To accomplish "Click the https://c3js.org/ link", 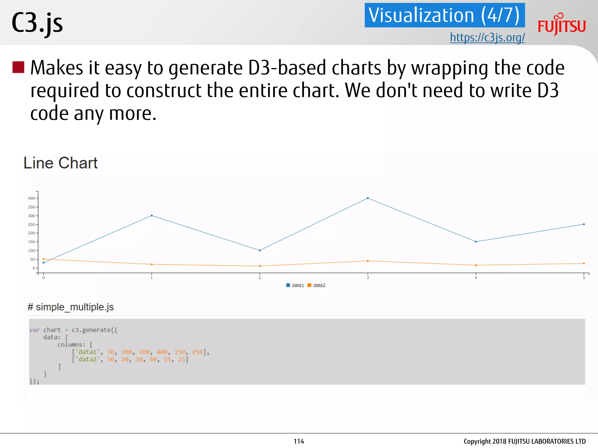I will point(487,38).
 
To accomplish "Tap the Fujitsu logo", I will point(562,24).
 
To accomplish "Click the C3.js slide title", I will point(37,23).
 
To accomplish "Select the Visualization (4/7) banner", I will point(444,15).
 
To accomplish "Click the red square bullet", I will point(18,67).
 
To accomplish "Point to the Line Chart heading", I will point(60,163).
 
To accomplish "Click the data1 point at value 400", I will point(368,198).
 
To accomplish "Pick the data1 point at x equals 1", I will point(152,216).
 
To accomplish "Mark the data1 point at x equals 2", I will point(260,250).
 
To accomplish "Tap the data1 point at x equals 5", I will point(584,224).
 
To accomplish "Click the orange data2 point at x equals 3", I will point(368,261).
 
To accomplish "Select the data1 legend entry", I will point(295,285).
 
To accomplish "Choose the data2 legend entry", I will point(317,285).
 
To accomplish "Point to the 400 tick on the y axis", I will point(31,198).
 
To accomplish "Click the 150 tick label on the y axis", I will point(31,242).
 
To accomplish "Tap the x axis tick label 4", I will point(476,278).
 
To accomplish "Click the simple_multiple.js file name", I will point(74,307).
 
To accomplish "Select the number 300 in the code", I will point(126,352).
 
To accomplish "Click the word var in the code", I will point(34,330).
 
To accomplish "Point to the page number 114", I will point(299,441).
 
